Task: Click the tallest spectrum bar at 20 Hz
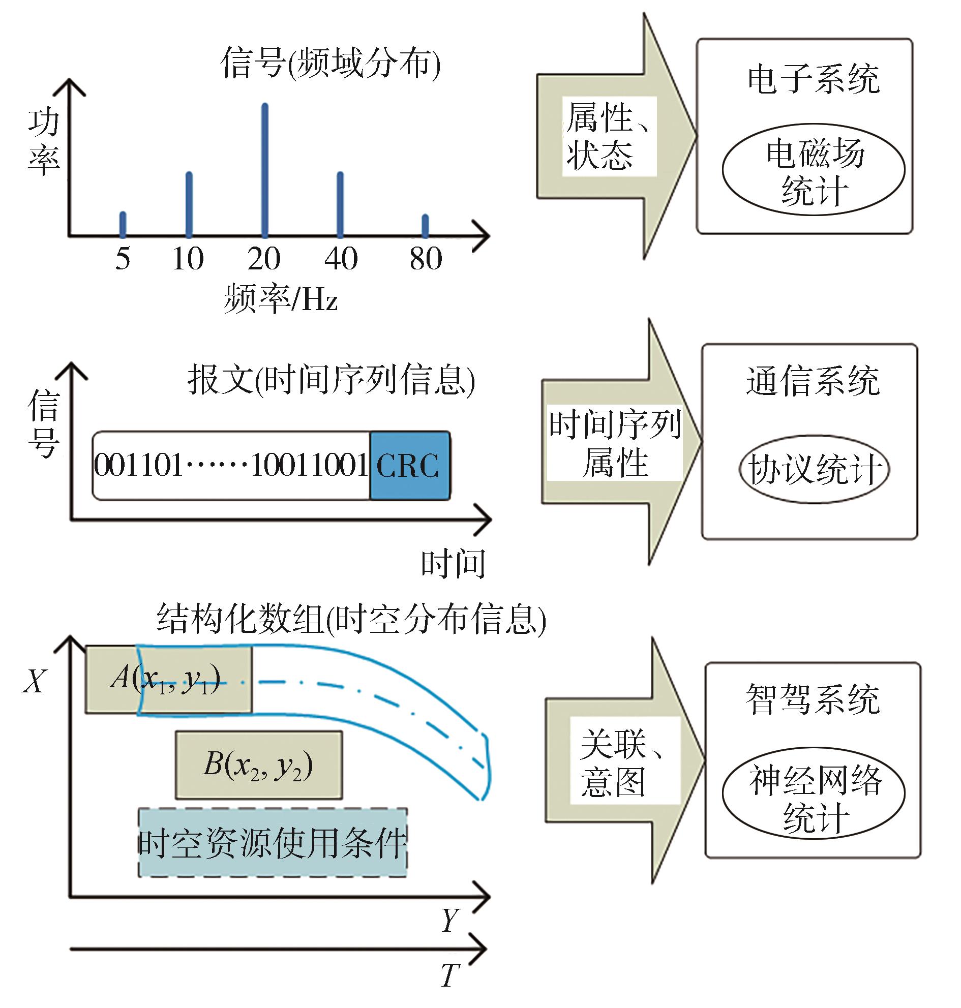tap(264, 169)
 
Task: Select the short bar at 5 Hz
tap(123, 224)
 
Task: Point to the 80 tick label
tap(425, 259)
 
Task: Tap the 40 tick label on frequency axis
tap(341, 259)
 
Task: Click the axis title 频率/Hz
tap(281, 298)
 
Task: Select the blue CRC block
tap(409, 465)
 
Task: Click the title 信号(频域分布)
tap(331, 64)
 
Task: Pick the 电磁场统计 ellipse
tap(813, 170)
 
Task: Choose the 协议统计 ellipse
tap(814, 469)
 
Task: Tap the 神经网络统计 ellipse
tap(814, 792)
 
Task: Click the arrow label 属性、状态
tap(608, 136)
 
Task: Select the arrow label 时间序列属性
tap(615, 443)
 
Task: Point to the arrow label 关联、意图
tap(624, 763)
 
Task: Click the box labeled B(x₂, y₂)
tap(259, 765)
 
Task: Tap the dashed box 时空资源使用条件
tap(273, 843)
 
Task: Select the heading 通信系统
tap(813, 381)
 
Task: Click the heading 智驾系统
tap(813, 699)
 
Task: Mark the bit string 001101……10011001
tap(231, 465)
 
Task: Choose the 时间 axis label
tap(453, 564)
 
